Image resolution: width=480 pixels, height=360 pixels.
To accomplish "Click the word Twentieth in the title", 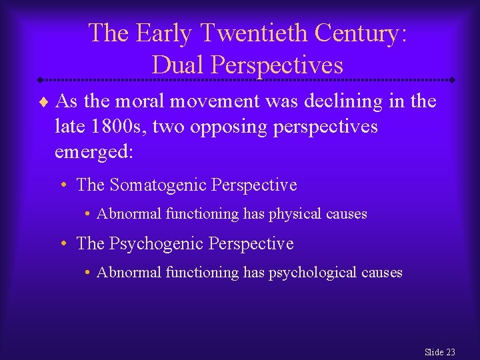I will click(246, 33).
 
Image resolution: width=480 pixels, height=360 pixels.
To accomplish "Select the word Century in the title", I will click(360, 33).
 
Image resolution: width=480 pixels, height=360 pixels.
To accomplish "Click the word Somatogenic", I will click(157, 185).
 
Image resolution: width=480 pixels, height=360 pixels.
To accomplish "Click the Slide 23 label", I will click(439, 351).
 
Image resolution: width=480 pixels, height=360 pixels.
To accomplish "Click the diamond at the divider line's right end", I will click(453, 80).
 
